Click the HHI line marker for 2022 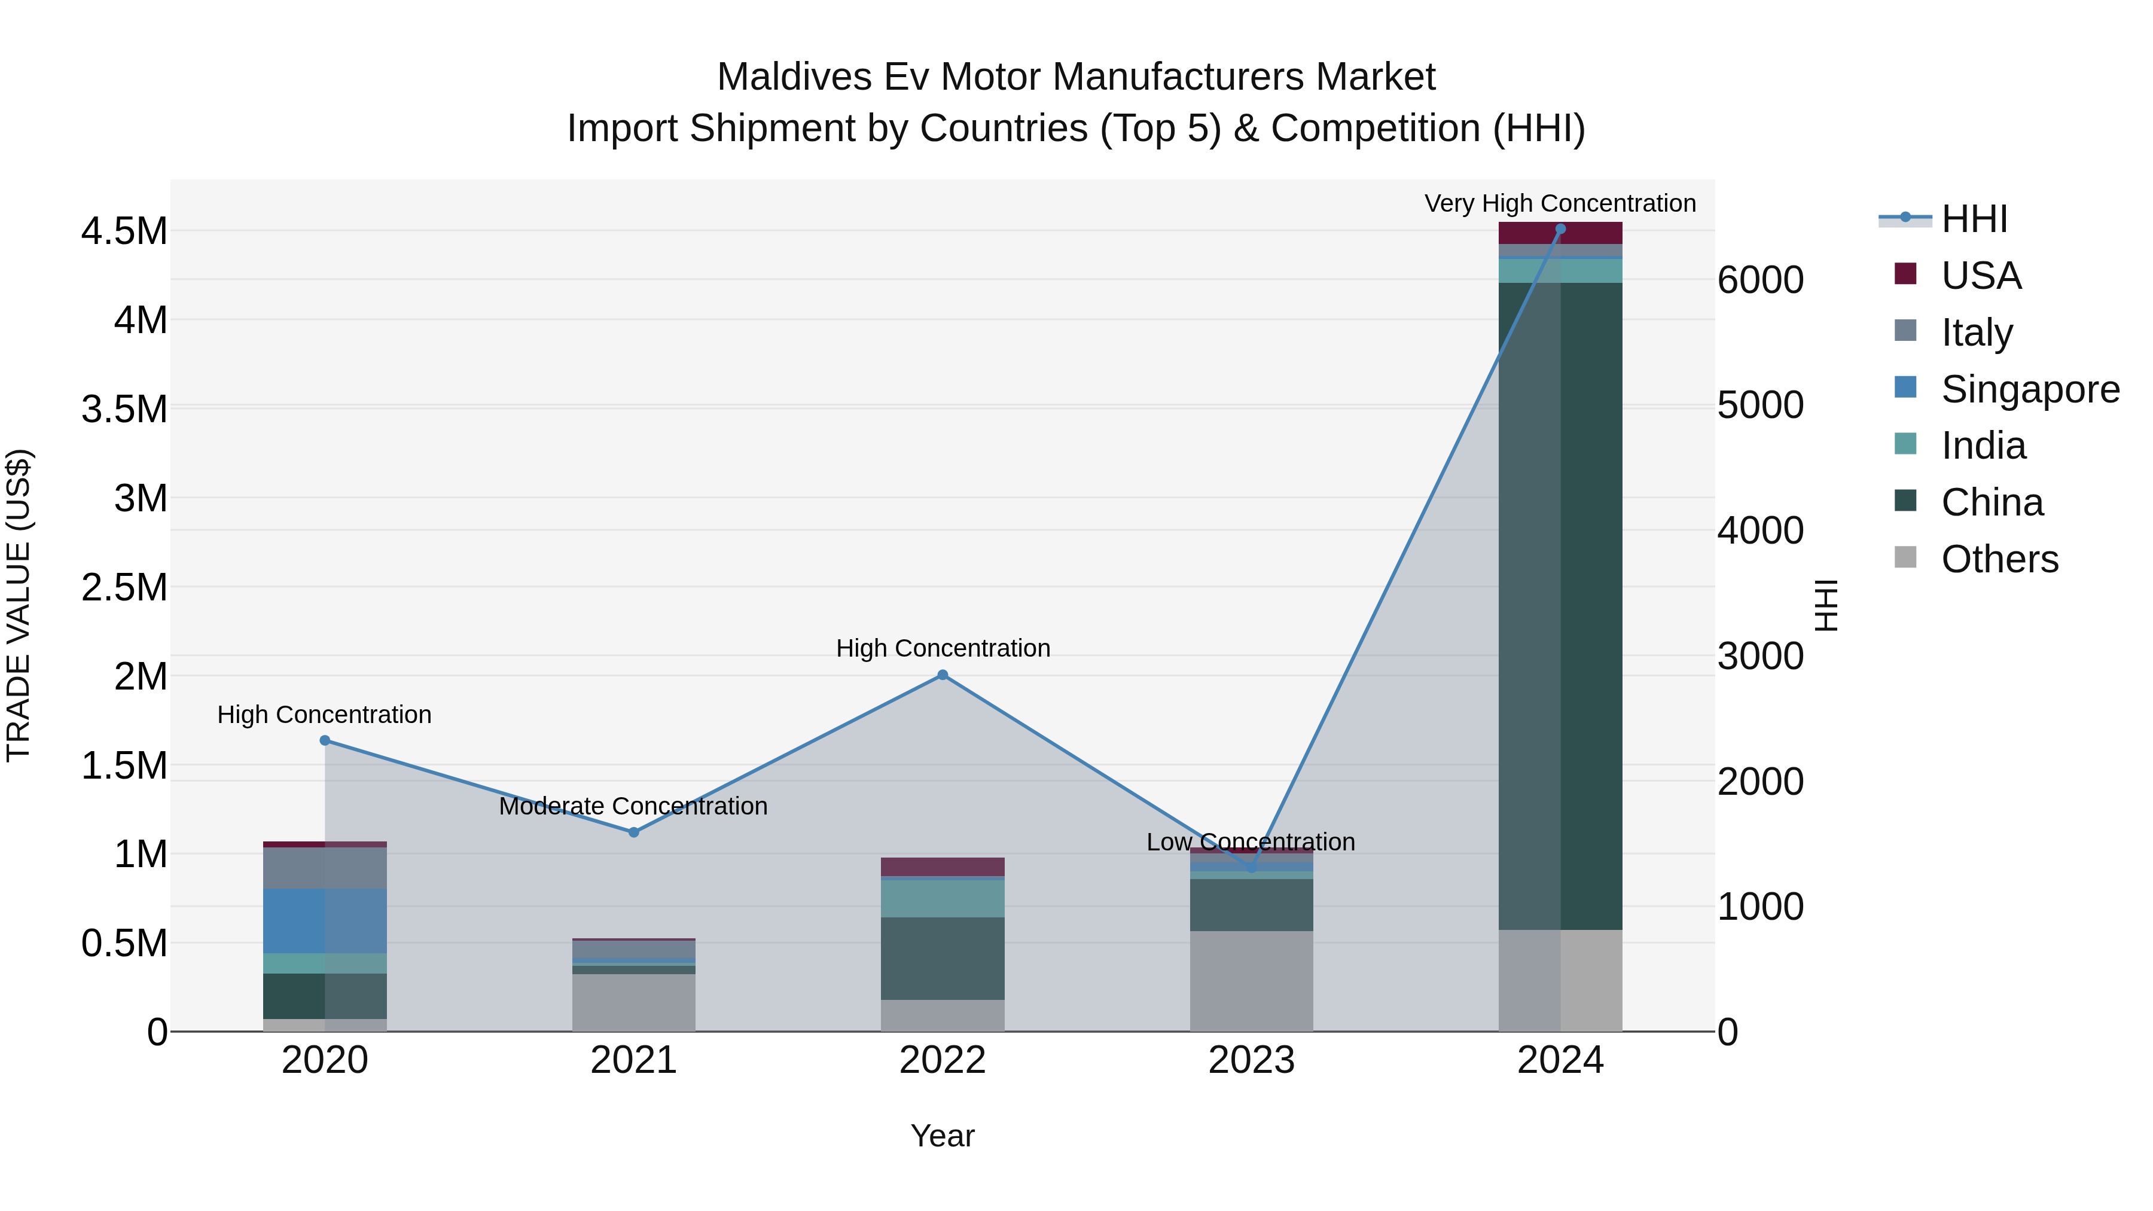pos(942,675)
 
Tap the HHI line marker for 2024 pos(1560,229)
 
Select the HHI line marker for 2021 pos(633,832)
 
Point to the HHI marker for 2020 pos(325,740)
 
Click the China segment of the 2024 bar pos(1560,606)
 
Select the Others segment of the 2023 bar pos(1251,981)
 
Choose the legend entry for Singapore pos(2029,389)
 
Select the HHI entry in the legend pos(1974,219)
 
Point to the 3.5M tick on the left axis pos(124,410)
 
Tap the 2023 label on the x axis pos(1251,1060)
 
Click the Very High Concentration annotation pos(1560,203)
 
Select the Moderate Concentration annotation pos(633,807)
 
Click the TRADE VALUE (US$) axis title pos(19,605)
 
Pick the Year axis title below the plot pos(942,1136)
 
